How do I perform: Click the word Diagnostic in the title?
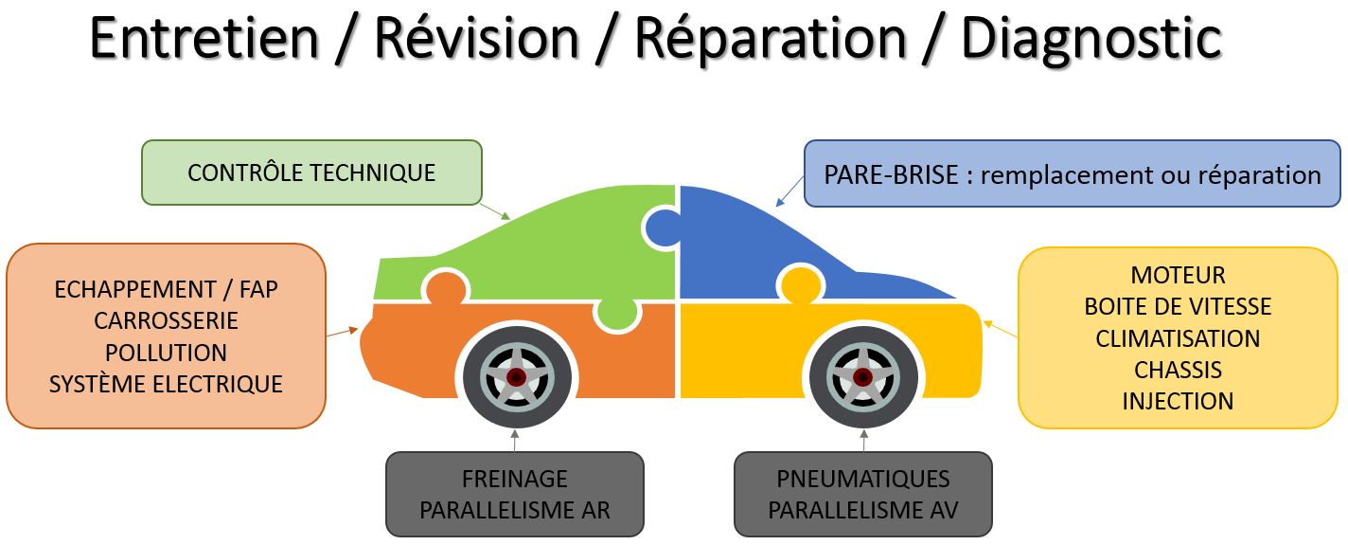[x=1091, y=38]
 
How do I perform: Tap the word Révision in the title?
[x=476, y=38]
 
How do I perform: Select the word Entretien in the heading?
[x=204, y=38]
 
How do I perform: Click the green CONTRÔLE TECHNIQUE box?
[x=311, y=173]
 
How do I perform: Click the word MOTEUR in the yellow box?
[x=1178, y=276]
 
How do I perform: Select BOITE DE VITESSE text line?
[x=1178, y=307]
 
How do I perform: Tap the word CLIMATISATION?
[x=1178, y=338]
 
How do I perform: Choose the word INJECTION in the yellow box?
[x=1178, y=401]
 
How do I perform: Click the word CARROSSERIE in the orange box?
[x=166, y=320]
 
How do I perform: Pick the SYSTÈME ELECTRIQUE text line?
[x=166, y=384]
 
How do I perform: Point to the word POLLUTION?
[x=166, y=353]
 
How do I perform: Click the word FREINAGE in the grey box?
[x=514, y=479]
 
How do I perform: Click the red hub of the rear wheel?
[x=516, y=377]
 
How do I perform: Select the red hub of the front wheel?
[x=861, y=377]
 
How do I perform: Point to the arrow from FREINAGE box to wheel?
[x=515, y=441]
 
